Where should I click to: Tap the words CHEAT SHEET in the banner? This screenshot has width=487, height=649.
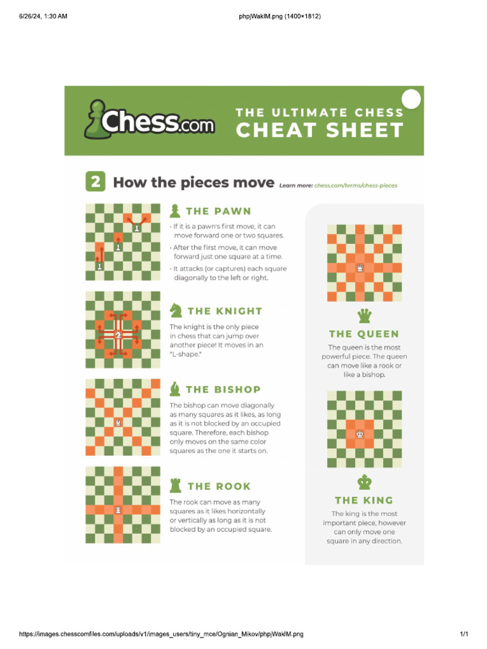coord(320,131)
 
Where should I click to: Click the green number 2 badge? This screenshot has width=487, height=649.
coord(94,183)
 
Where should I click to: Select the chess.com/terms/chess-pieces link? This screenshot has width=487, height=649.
coord(355,186)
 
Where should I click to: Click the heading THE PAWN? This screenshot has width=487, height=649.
coord(218,211)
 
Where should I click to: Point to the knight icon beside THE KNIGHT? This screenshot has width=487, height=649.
coord(176,311)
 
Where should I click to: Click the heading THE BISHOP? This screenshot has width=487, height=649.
coord(223,389)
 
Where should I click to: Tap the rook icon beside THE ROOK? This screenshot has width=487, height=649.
coord(175,486)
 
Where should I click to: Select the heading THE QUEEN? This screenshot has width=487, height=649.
coord(364,334)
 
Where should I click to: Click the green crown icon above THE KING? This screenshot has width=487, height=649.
coord(365,482)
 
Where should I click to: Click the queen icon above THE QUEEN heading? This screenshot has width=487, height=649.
coord(365,316)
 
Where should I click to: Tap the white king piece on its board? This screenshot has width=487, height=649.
coord(360,434)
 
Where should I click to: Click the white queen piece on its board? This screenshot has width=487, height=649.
coord(360,268)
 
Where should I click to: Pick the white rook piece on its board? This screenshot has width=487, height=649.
coord(118,509)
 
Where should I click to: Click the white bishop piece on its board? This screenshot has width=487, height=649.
coord(118,421)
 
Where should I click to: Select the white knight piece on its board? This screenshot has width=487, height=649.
coord(118,334)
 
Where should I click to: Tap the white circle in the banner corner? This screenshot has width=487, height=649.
coord(412,99)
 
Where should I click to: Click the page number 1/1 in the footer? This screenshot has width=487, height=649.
coord(464,634)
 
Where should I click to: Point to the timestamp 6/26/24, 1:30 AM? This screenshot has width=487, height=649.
coord(42,16)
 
